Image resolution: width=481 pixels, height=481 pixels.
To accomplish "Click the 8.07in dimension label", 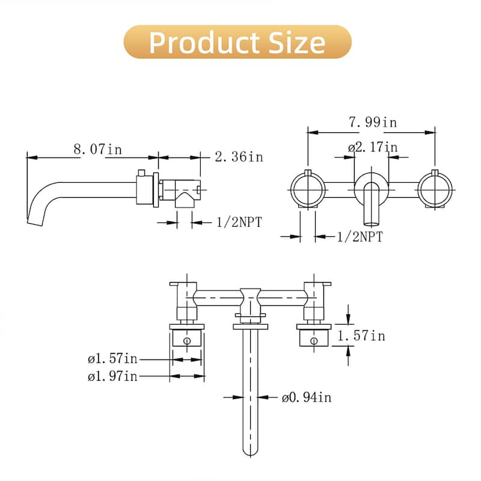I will (x=97, y=149).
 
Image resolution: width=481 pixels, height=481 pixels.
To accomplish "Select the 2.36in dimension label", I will (x=239, y=157).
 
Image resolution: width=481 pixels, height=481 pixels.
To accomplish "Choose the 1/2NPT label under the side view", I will (x=239, y=222).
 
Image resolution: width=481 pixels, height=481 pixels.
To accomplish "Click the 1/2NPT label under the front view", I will (x=359, y=237).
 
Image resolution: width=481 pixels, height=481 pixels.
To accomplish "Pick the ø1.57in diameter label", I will (x=112, y=360).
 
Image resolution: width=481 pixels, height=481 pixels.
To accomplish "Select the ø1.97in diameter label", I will (x=112, y=376).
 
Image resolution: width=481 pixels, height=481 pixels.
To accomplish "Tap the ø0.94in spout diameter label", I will (x=306, y=397).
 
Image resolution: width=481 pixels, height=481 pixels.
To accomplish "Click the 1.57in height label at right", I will (x=360, y=335).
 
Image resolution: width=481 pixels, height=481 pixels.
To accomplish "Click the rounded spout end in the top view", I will (x=251, y=448).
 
